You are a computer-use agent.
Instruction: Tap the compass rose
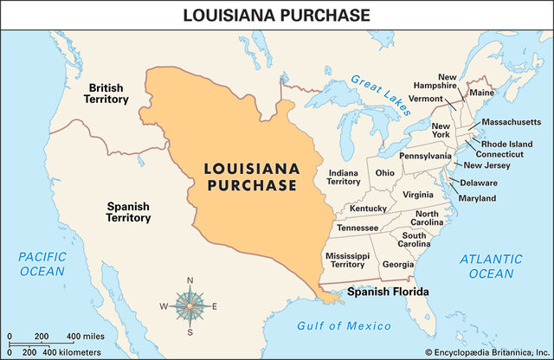190,305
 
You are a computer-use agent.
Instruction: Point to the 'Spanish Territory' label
128,213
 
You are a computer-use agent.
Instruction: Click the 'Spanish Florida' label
388,292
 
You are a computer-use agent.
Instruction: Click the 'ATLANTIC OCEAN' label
492,266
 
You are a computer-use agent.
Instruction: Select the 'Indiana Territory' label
344,177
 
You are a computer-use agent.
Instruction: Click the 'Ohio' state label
385,172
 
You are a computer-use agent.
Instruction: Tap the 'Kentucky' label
369,209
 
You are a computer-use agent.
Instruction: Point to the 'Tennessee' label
357,228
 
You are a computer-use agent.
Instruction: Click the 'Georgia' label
397,265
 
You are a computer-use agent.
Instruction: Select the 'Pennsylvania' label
425,156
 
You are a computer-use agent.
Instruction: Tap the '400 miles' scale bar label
86,336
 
